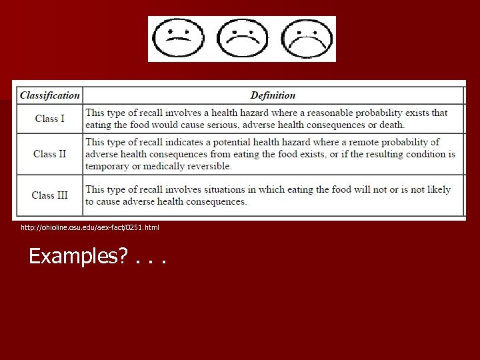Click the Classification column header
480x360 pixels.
point(50,95)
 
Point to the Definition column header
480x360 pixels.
point(273,95)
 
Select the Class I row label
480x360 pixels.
point(50,119)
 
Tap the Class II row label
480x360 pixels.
point(50,154)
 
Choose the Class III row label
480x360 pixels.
point(50,195)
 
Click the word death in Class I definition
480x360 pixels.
point(391,125)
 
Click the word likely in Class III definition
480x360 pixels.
point(439,189)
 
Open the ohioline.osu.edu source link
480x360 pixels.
point(90,228)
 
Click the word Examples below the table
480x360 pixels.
point(75,256)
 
